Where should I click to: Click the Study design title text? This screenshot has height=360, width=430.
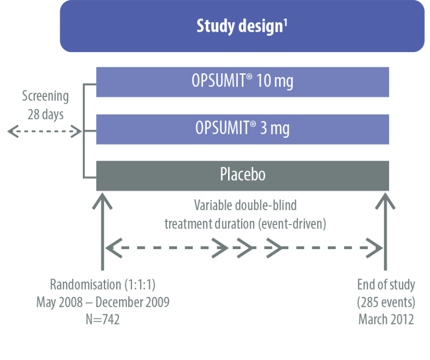tap(239, 26)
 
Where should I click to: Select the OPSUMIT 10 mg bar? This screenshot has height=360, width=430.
tap(242, 82)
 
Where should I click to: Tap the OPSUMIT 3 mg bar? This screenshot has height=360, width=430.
tap(242, 129)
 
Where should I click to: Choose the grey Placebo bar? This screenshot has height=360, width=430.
tap(242, 175)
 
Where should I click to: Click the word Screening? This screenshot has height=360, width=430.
tap(45, 96)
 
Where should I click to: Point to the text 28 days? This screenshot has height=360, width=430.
tap(45, 115)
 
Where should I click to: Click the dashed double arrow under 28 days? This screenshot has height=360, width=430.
tap(45, 132)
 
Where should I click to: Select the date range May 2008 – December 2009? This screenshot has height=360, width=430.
tap(103, 302)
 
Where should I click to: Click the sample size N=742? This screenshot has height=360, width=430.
tap(103, 319)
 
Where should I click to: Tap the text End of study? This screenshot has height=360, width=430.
tap(386, 284)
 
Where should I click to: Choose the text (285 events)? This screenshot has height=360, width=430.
tap(386, 302)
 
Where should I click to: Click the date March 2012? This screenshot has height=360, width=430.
tap(386, 319)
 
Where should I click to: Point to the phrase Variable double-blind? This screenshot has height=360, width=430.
tap(245, 206)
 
